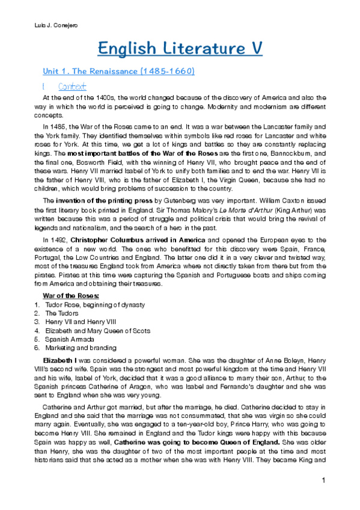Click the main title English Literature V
pyautogui.click(x=180, y=48)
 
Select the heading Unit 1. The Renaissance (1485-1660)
pyautogui.click(x=115, y=72)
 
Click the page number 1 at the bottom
pyautogui.click(x=323, y=480)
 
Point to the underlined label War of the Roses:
pyautogui.click(x=71, y=296)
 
